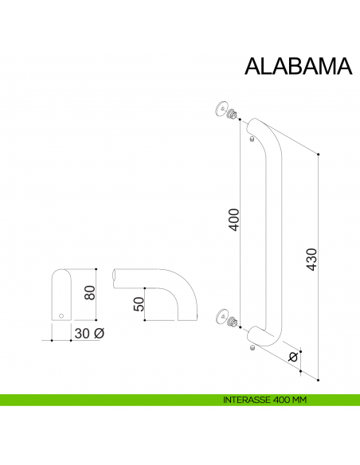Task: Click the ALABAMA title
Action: pyautogui.click(x=296, y=65)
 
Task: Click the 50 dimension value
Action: pyautogui.click(x=138, y=303)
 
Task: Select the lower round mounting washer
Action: pyautogui.click(x=221, y=317)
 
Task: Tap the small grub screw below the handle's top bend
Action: pyautogui.click(x=252, y=141)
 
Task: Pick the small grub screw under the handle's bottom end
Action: pyautogui.click(x=252, y=349)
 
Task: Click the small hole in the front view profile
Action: pyautogui.click(x=61, y=316)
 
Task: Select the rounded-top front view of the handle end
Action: pyautogui.click(x=61, y=295)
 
